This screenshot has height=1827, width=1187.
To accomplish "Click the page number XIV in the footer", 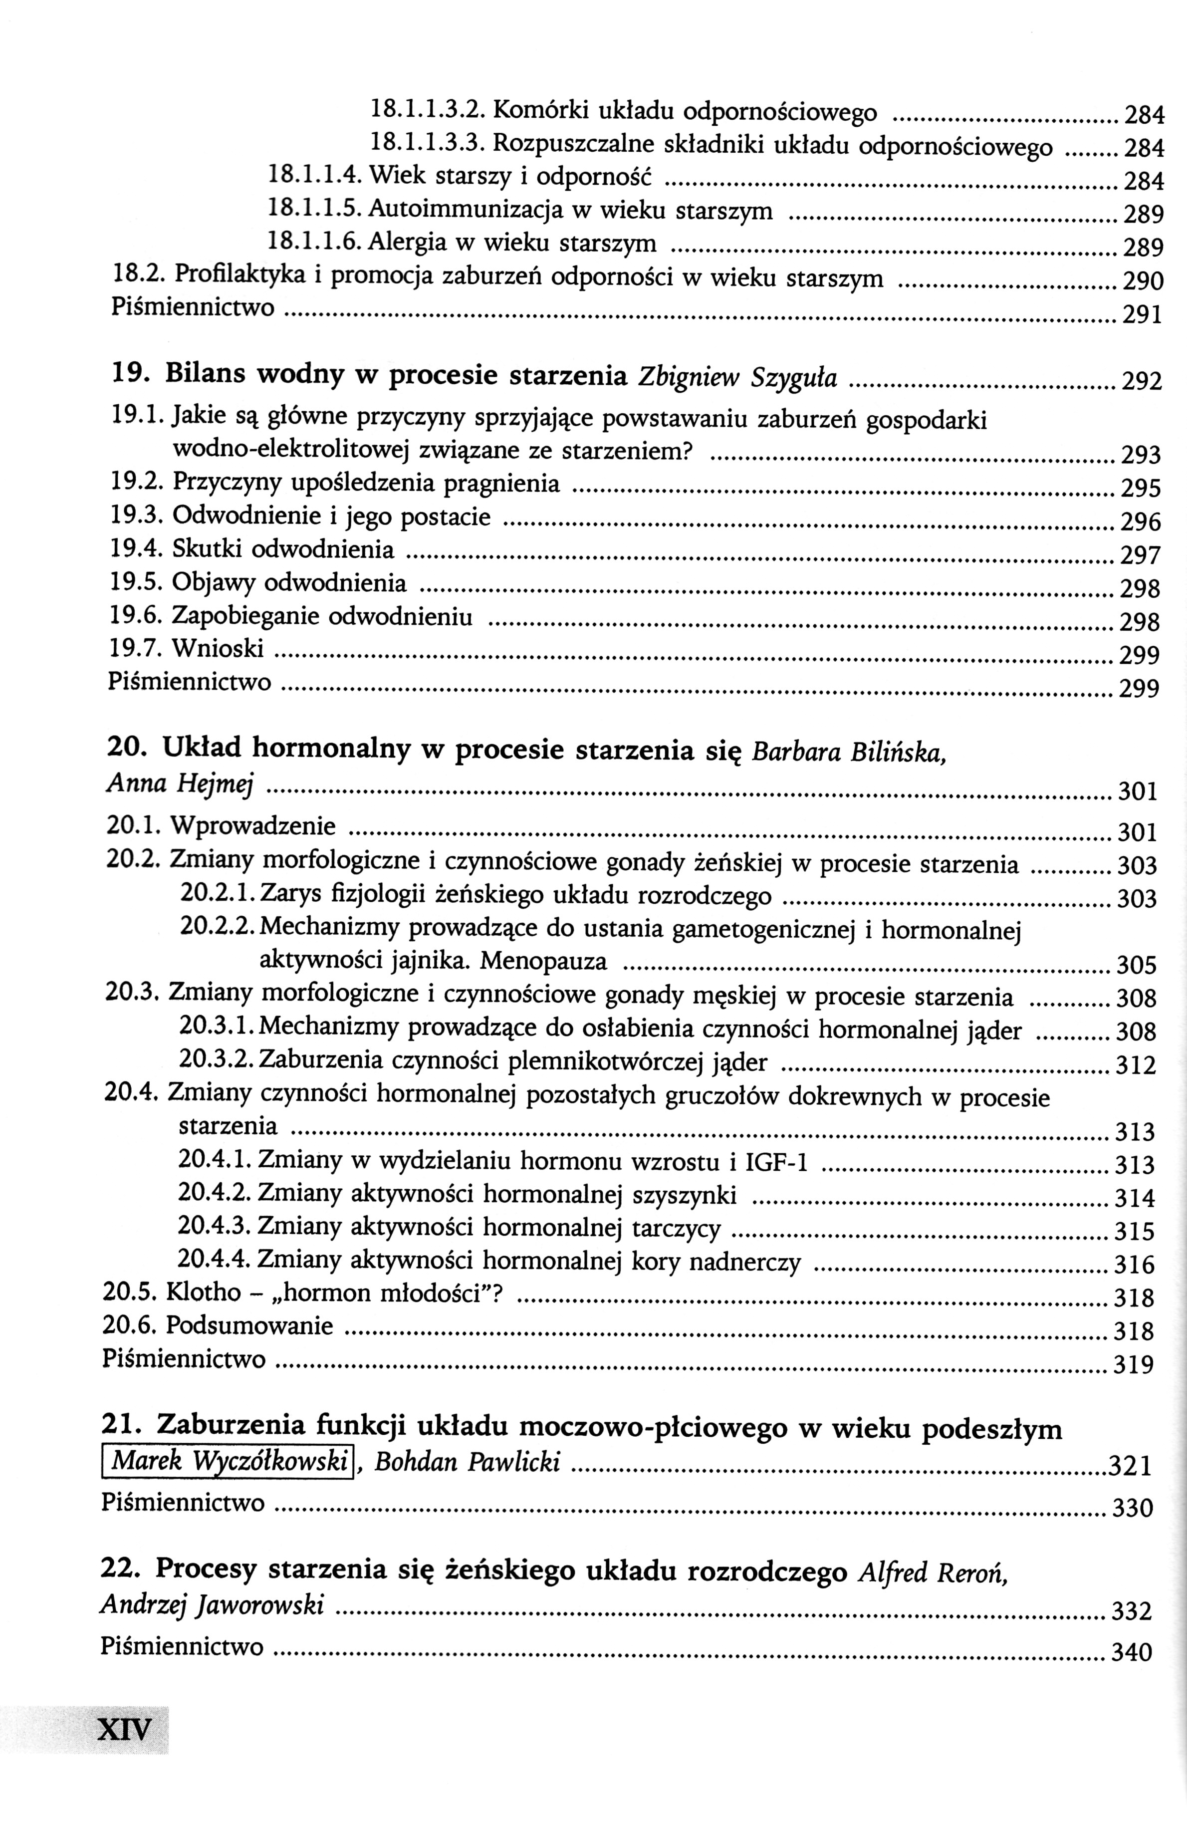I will (124, 1730).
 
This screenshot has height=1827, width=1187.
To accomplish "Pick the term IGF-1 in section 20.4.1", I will (776, 1161).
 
